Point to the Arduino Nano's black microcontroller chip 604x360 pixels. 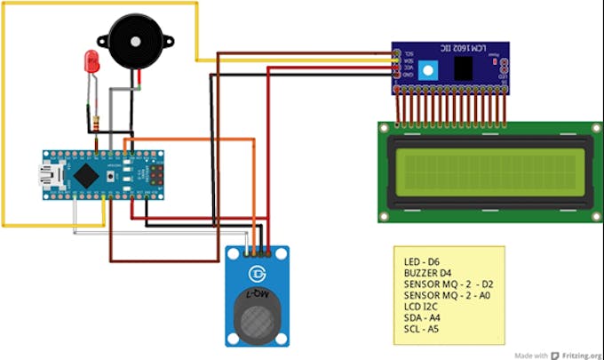85,175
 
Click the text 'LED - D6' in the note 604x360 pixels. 424,262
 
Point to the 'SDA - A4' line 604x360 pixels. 423,317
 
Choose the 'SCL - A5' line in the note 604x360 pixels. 422,329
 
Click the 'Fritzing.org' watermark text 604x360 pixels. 580,353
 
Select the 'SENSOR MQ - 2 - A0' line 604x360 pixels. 446,295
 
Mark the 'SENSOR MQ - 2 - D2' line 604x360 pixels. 446,284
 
